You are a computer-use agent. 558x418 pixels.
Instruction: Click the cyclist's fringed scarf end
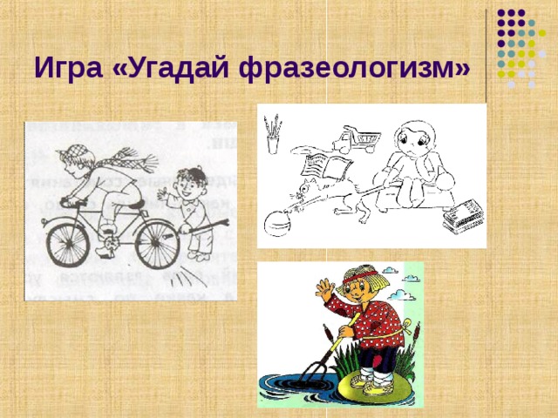click(139, 161)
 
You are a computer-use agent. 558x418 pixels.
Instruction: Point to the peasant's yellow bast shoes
click(366, 383)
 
